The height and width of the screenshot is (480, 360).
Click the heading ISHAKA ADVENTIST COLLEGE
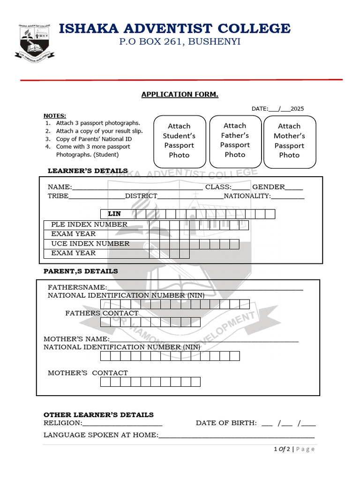click(x=174, y=29)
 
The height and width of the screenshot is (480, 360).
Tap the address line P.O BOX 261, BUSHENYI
click(x=180, y=42)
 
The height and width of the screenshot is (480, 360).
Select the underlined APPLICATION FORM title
click(x=180, y=95)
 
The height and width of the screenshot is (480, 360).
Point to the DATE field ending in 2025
click(x=277, y=109)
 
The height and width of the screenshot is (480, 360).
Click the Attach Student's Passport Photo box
click(x=179, y=141)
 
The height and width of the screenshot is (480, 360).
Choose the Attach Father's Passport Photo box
click(x=235, y=140)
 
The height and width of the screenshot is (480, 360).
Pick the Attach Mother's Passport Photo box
click(x=289, y=141)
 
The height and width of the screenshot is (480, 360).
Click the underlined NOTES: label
click(x=55, y=116)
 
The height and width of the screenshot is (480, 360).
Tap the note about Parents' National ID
click(x=94, y=139)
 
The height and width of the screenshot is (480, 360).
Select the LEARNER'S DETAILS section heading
click(x=88, y=171)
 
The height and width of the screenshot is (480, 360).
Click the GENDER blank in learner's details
click(x=294, y=187)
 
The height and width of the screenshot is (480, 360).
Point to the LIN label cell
click(x=114, y=214)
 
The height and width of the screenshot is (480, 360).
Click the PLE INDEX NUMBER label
click(x=89, y=225)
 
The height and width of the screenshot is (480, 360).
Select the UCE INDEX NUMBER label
click(x=90, y=244)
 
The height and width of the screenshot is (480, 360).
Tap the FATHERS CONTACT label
click(x=102, y=313)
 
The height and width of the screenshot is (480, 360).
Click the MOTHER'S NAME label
click(x=76, y=339)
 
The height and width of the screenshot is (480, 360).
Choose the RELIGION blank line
click(x=122, y=423)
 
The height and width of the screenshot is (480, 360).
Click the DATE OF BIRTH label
click(x=226, y=423)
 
